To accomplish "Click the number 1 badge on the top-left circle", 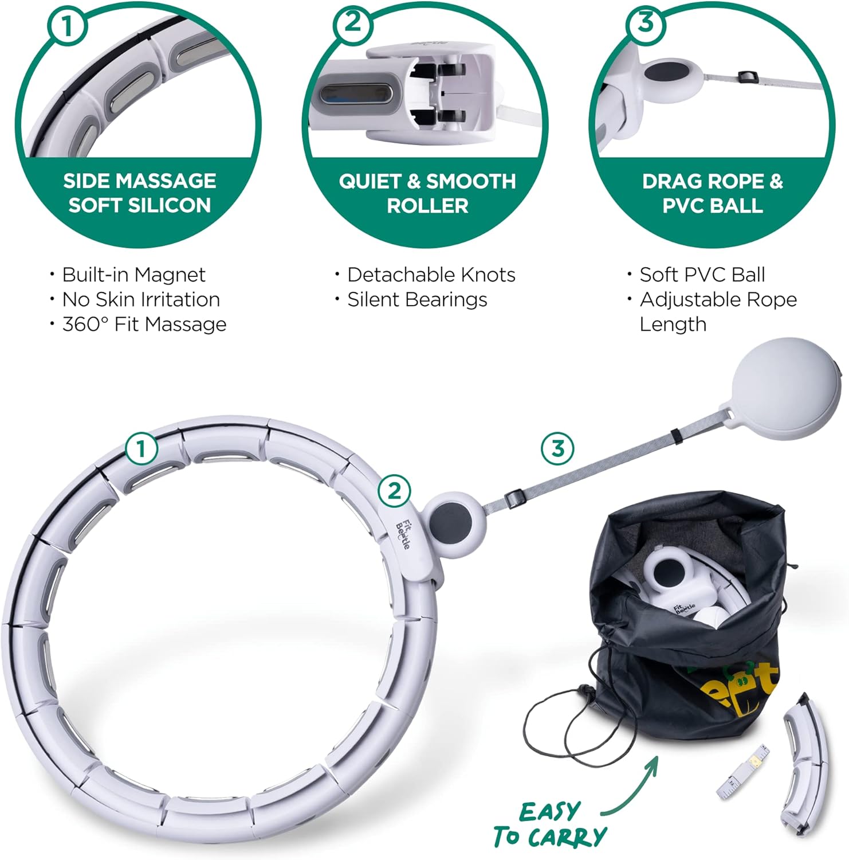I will [68, 26].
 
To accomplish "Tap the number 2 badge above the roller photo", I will [353, 23].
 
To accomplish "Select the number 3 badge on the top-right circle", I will [645, 23].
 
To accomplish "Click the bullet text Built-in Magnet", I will [133, 275].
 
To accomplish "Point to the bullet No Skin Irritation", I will [140, 299].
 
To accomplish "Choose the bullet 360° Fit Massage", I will [144, 325].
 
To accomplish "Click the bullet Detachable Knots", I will [431, 275].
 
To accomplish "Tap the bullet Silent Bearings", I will [417, 299].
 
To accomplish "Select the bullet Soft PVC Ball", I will [702, 275].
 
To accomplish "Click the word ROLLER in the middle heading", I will [427, 206].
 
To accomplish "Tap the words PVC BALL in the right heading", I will [712, 206].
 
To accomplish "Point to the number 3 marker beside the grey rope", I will [557, 448].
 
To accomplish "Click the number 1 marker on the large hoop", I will [141, 448].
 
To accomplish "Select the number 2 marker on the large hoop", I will [394, 491].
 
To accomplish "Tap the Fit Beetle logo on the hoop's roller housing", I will [403, 534].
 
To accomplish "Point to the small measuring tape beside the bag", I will [742, 774].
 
